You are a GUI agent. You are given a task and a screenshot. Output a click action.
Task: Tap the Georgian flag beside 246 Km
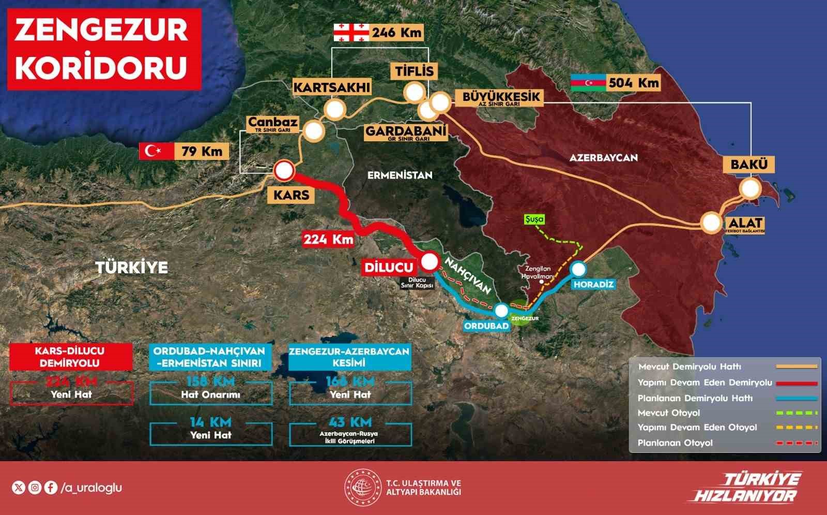[351, 33]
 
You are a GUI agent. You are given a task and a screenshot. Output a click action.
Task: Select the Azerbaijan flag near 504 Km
[587, 83]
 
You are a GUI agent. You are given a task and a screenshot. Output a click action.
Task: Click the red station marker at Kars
[284, 170]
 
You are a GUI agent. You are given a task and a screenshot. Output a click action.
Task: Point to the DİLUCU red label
[389, 267]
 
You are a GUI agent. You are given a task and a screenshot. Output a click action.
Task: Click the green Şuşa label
[534, 219]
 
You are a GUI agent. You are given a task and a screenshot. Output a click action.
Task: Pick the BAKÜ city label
[749, 165]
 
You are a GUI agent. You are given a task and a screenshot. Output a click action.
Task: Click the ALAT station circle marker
[712, 223]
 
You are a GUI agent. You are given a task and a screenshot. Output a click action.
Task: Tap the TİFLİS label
[415, 71]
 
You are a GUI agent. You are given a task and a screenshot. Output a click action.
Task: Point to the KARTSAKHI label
[332, 87]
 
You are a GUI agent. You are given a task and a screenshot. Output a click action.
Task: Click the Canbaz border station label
[273, 123]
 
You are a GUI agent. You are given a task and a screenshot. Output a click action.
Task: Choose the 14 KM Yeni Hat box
[210, 430]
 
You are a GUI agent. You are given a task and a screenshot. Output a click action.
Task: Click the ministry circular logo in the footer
[362, 487]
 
